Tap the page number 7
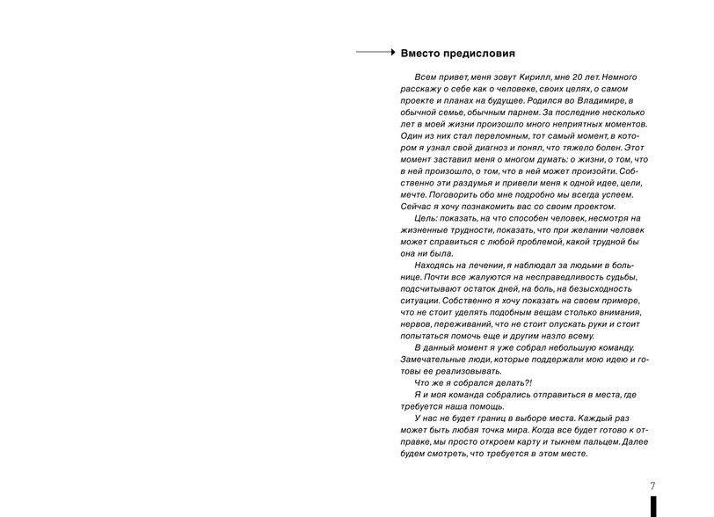click(x=652, y=485)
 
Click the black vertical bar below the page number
click(x=653, y=506)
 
